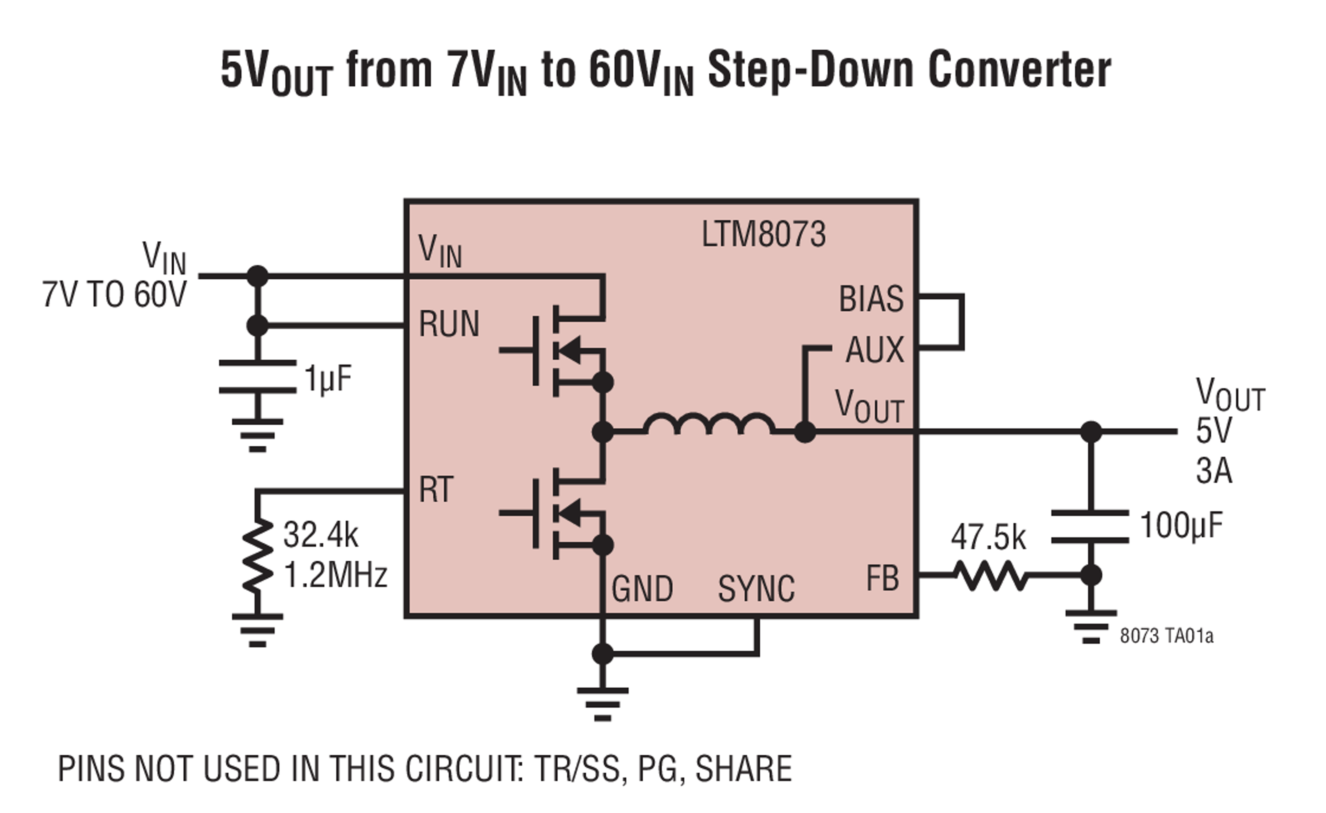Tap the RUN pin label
tap(448, 325)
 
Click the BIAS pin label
tap(871, 299)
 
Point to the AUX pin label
tap(874, 350)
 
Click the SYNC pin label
tap(756, 589)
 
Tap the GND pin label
tap(642, 589)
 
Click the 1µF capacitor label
tap(328, 378)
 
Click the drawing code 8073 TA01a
tap(1166, 636)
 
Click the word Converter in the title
tap(1019, 70)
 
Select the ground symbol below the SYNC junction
tap(602, 704)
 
